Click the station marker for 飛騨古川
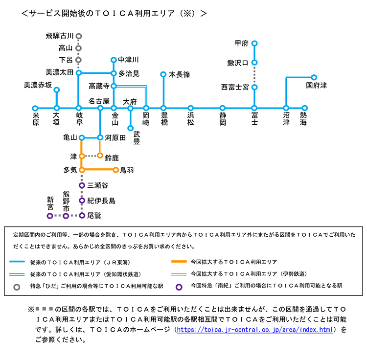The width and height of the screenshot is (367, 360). click(x=78, y=36)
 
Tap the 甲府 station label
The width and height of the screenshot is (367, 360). click(x=242, y=44)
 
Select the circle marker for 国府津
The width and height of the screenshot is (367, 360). click(x=314, y=77)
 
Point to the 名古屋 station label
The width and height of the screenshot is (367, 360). click(x=98, y=100)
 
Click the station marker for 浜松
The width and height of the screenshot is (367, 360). click(x=191, y=108)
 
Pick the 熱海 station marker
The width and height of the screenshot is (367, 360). click(x=304, y=108)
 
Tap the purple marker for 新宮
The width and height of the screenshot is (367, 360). click(x=49, y=216)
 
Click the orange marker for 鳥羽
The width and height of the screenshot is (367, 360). click(x=116, y=170)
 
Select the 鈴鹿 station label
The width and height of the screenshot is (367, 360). click(x=112, y=157)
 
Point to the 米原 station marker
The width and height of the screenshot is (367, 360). click(x=35, y=108)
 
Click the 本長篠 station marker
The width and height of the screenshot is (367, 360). click(x=163, y=74)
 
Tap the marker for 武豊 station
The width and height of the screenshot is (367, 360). click(x=131, y=128)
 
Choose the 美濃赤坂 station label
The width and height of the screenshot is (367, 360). click(x=38, y=85)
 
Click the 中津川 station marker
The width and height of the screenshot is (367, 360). click(x=114, y=60)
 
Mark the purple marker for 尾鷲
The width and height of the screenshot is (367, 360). click(x=82, y=216)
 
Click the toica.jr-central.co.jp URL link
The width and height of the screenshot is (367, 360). click(x=256, y=330)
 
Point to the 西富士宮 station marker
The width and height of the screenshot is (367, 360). click(x=254, y=88)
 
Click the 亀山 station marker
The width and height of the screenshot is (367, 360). click(x=82, y=137)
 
